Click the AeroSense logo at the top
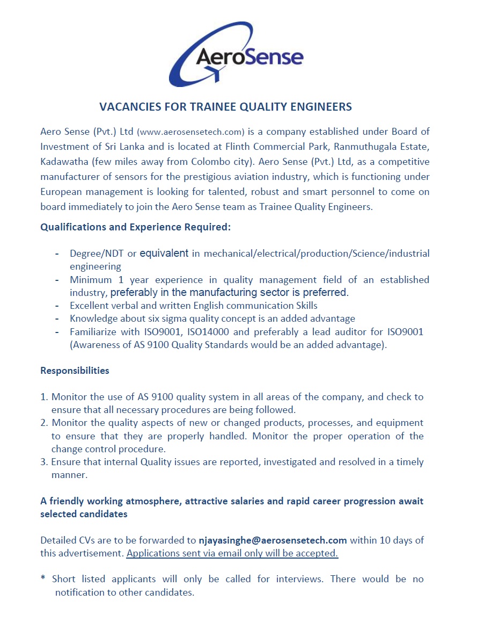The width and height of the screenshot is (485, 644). (241, 54)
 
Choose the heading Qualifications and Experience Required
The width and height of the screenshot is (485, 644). (135, 227)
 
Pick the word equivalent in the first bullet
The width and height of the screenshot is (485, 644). (164, 254)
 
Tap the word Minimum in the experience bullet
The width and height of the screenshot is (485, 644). (91, 280)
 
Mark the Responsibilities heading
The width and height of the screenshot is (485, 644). (75, 371)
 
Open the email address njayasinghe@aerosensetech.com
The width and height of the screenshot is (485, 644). (273, 540)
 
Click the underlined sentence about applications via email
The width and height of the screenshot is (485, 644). (232, 553)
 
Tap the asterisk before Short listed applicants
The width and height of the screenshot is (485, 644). (43, 579)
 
